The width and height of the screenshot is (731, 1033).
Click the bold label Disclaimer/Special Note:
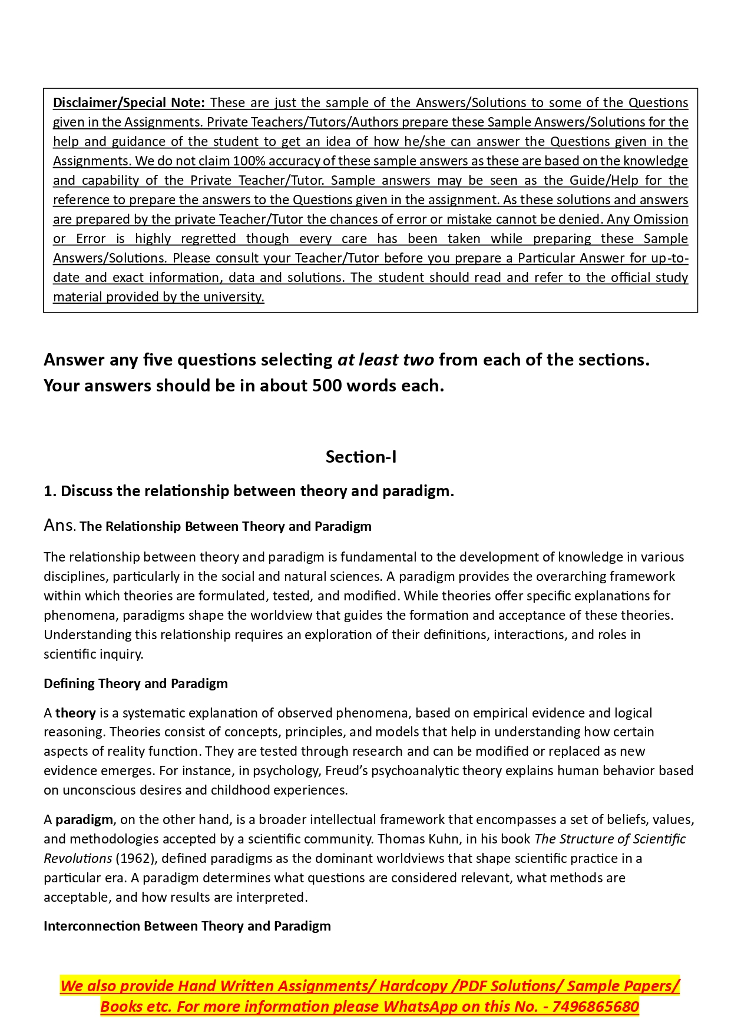(128, 102)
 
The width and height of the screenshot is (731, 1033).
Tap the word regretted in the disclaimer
(208, 238)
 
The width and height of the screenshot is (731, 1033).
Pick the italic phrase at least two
(385, 360)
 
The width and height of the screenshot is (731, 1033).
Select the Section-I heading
(361, 457)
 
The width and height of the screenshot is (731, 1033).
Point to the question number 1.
(49, 491)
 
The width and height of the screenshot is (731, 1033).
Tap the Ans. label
(59, 525)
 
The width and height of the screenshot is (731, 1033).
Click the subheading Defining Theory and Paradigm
(135, 683)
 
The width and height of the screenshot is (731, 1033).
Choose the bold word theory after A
(75, 713)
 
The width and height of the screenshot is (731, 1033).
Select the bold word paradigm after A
(84, 819)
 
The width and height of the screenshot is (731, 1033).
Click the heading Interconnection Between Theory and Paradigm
(187, 926)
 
